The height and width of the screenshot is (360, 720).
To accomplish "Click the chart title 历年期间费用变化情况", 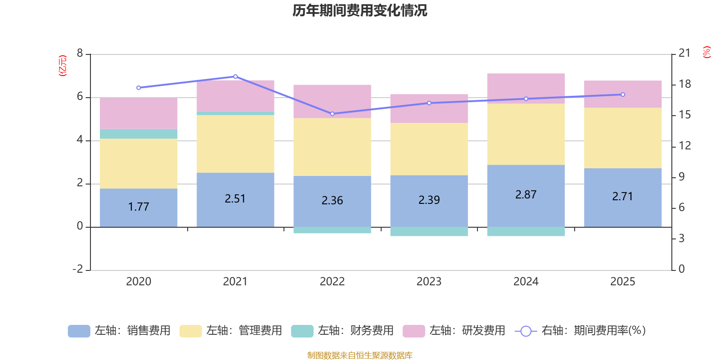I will point(360,10).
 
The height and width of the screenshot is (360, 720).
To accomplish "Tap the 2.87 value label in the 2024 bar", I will point(526,195).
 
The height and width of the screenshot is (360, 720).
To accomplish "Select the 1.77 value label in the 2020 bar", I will point(138,207).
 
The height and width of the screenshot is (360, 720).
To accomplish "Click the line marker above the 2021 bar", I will point(235,76).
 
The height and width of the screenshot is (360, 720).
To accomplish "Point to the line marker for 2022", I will point(332,114).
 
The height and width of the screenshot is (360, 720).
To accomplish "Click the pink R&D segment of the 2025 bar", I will point(623,94).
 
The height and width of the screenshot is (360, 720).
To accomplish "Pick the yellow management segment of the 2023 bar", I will point(429,149).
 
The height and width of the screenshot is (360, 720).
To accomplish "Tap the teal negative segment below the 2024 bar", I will point(526,232).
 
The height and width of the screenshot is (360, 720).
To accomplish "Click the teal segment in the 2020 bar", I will point(138,134).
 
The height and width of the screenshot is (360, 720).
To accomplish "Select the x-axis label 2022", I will point(332,282).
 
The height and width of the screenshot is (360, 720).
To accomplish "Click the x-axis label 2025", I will point(622,282).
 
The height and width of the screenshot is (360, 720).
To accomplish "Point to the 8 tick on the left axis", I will point(80,54).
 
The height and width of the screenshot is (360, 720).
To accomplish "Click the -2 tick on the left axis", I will point(78,269).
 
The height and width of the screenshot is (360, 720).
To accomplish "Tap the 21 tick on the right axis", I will point(684,53).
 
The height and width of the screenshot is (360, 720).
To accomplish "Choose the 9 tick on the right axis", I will point(681,177).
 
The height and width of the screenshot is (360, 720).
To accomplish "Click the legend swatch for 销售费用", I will point(79,331).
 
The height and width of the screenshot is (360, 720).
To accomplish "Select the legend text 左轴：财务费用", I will point(355,331).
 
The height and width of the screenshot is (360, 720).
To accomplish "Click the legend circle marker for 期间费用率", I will point(526,331).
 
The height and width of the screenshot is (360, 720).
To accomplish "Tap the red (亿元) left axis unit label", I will point(63,66).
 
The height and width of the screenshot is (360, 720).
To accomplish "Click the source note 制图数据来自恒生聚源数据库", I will point(360,355).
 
